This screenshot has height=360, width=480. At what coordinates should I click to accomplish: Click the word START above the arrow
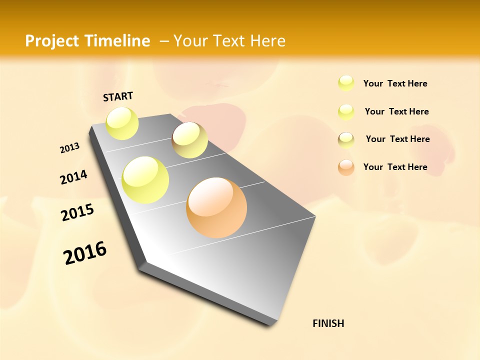coord(118,96)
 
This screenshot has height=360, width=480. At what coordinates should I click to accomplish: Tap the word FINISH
coord(328,323)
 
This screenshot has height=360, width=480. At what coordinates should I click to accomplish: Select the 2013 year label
coord(69,148)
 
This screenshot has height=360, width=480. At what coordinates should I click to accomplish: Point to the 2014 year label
coord(73,177)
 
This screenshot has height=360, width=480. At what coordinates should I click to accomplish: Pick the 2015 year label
coord(77,212)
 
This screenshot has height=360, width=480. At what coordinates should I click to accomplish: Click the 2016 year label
coord(85,253)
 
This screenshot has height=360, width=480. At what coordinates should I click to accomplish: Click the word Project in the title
coord(52,41)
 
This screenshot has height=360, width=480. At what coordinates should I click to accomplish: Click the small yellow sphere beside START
coord(122,123)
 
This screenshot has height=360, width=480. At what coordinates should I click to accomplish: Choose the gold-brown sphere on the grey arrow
coord(189,140)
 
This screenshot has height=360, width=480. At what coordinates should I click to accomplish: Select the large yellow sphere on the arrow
coord(145,180)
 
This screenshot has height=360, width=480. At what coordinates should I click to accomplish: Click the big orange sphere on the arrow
coord(216,207)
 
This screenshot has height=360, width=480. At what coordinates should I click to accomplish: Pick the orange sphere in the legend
coord(346,167)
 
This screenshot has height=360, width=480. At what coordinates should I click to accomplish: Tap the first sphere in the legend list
coord(346,83)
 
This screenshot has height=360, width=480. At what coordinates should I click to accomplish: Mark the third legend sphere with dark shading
coord(346,140)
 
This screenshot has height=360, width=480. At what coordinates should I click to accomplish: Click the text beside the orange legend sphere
coord(395,167)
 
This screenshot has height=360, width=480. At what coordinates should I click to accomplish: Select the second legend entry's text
coord(396,111)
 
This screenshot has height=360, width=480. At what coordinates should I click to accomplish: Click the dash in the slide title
coord(164,41)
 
